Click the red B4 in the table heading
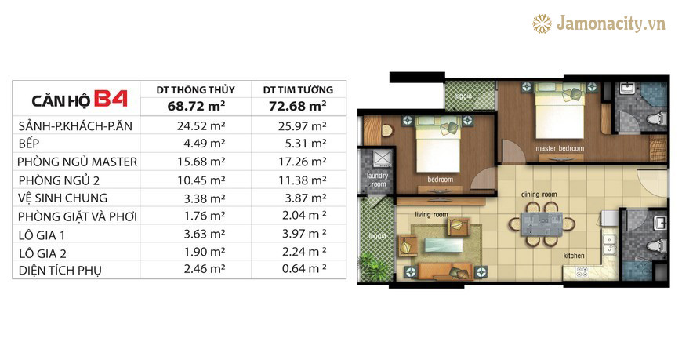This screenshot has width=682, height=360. (111, 99)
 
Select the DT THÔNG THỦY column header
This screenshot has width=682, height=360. (196, 89)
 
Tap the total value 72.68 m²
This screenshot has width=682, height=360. (298, 106)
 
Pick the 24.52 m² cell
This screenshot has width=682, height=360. (201, 125)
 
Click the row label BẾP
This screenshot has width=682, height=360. (29, 144)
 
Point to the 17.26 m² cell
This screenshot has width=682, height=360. (303, 162)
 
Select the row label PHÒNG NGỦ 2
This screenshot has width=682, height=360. (59, 180)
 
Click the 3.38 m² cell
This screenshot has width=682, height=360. (205, 198)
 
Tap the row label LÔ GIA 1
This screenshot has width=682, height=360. (42, 235)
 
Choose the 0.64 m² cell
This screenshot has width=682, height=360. (304, 268)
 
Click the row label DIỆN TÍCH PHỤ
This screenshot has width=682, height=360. (60, 271)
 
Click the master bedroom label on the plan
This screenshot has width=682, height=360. (560, 148)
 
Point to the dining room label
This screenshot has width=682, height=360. (539, 195)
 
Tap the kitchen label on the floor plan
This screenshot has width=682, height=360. (574, 256)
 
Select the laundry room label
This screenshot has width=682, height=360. (377, 180)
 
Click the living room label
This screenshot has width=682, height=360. (431, 214)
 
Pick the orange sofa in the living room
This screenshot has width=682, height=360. (445, 271)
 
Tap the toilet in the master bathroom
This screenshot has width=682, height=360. (656, 118)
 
